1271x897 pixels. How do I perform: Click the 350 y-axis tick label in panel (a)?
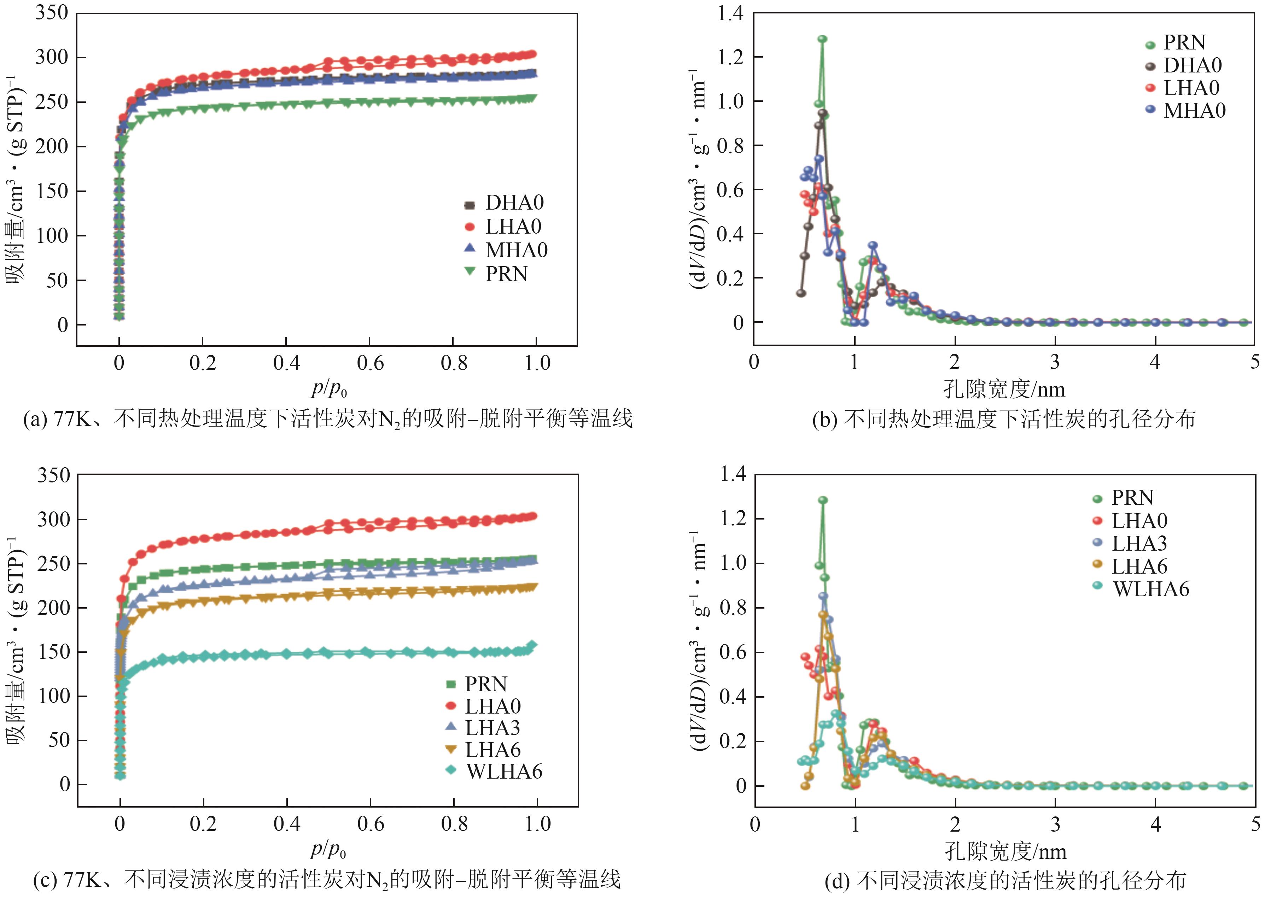(52, 13)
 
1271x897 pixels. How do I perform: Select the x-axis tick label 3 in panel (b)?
(1055, 362)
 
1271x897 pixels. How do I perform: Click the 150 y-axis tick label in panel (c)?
(53, 651)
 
